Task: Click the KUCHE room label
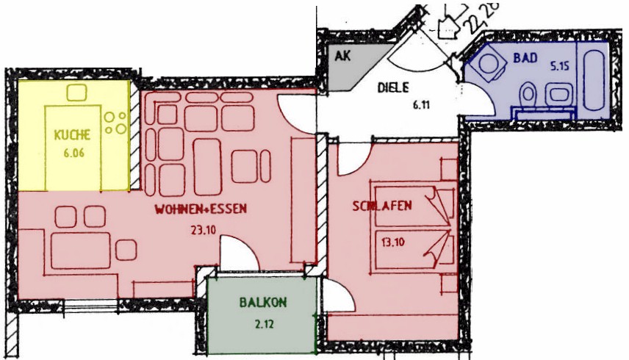tap(72, 134)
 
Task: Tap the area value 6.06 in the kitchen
tap(73, 153)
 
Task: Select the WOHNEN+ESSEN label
tap(201, 209)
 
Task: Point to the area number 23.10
tap(204, 230)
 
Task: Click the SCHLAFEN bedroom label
tap(382, 206)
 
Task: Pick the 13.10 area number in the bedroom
tap(392, 242)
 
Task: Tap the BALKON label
tap(263, 302)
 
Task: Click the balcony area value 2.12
tap(264, 323)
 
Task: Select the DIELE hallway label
tap(393, 87)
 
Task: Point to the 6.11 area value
tap(421, 106)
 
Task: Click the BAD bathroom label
tap(525, 58)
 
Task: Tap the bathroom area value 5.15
tap(560, 65)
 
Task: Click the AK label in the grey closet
tap(342, 56)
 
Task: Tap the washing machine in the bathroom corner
tap(489, 63)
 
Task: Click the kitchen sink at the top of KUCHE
tap(76, 93)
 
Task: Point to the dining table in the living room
tap(81, 251)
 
